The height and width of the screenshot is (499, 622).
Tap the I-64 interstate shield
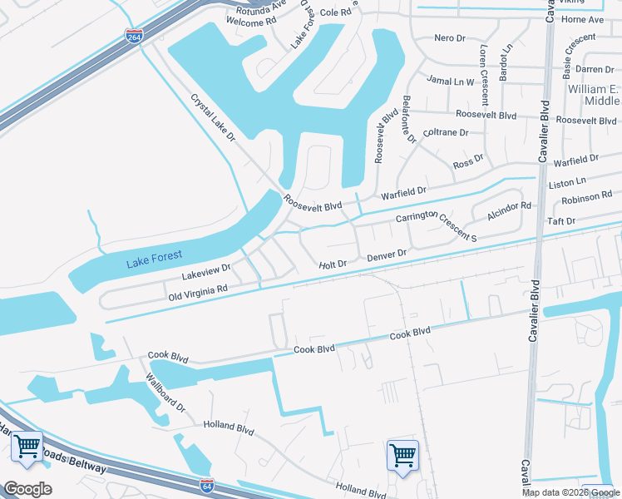(207, 484)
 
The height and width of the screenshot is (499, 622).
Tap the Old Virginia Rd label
(198, 292)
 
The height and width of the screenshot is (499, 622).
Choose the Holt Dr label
(333, 264)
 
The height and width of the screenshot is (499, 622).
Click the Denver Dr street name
(387, 255)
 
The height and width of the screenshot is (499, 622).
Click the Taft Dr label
(559, 221)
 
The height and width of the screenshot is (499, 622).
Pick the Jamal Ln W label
(450, 82)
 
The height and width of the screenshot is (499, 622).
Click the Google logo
(27, 489)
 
